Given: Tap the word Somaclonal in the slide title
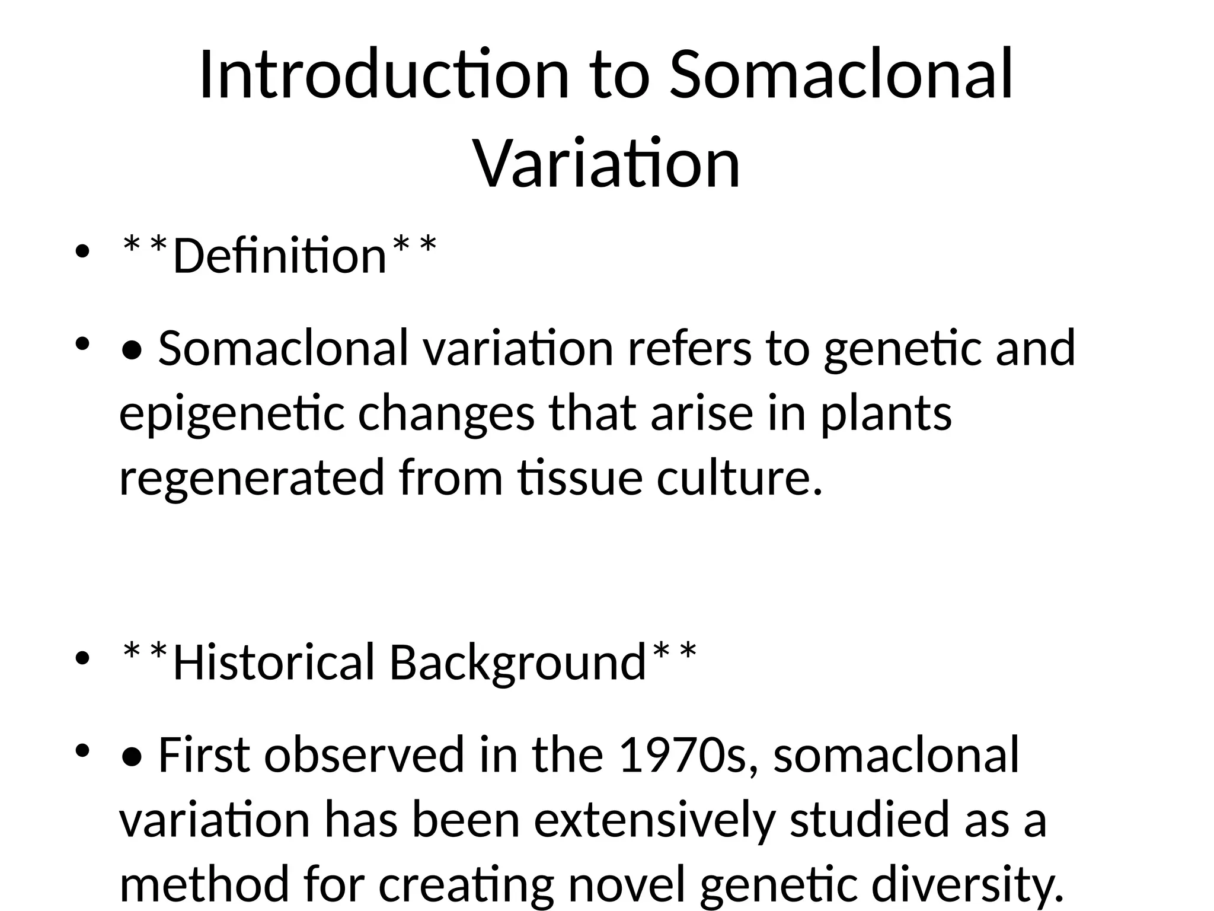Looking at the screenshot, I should [x=842, y=75].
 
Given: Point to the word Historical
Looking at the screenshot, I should [x=273, y=662].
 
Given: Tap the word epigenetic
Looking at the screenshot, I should [x=232, y=414].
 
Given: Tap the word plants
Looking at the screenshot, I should [x=886, y=414].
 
